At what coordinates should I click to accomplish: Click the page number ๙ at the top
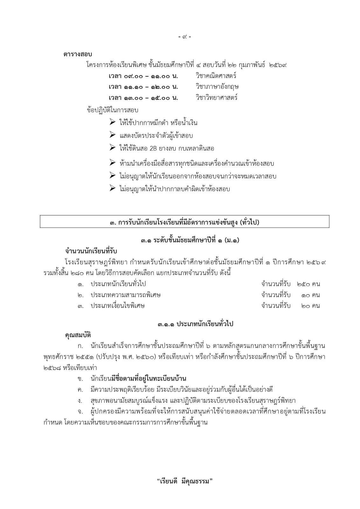[x=184, y=37]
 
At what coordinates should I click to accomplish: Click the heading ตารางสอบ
[x=78, y=54]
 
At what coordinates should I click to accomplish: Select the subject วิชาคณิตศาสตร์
[x=216, y=76]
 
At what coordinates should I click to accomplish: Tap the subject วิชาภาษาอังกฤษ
[x=217, y=87]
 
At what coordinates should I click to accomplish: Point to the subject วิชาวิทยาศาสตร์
[x=217, y=97]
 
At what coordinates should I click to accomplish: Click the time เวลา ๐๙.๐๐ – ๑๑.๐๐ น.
[x=143, y=76]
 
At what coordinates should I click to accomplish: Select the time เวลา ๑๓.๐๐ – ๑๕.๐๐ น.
[x=143, y=98]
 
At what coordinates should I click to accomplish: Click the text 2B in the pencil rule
[x=153, y=149]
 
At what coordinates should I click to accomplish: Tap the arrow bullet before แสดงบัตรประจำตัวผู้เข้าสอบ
[x=112, y=135]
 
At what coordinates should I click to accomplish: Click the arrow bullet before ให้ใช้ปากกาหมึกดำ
[x=112, y=122]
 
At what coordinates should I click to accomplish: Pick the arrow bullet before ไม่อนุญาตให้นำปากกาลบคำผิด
[x=112, y=188]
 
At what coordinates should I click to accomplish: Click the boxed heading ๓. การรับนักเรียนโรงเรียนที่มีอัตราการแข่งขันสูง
[x=184, y=222]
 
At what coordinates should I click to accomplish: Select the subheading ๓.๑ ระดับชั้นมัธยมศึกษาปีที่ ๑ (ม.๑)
[x=190, y=241]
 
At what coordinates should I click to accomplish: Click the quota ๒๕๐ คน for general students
[x=308, y=284]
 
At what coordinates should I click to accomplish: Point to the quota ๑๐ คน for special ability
[x=310, y=295]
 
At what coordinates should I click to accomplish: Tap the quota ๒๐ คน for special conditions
[x=310, y=306]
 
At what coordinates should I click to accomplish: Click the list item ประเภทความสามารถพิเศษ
[x=125, y=295]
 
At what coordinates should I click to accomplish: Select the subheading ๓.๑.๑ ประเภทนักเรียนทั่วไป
[x=195, y=324]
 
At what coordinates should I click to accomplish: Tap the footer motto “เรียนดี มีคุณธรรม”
[x=185, y=481]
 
